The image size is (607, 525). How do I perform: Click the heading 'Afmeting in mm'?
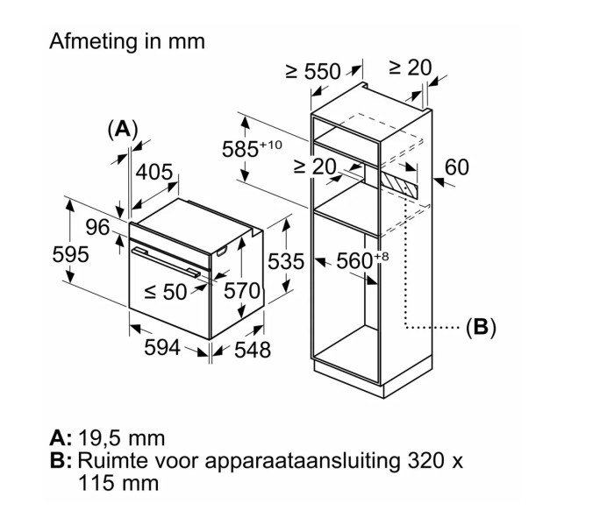(126, 40)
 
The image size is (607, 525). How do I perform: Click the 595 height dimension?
(69, 255)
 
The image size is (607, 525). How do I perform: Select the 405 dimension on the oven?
(154, 173)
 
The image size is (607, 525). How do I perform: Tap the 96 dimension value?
(97, 228)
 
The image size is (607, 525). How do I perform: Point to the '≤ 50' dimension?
(166, 292)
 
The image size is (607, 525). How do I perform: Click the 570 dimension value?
(242, 290)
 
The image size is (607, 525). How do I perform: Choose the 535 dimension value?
(286, 261)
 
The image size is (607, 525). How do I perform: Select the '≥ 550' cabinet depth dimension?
(312, 72)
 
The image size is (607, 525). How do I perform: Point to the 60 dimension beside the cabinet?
(457, 167)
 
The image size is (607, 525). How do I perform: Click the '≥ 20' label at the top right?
(410, 67)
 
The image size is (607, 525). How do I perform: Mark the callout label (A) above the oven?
(122, 129)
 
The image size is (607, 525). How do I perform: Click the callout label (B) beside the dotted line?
(480, 328)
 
